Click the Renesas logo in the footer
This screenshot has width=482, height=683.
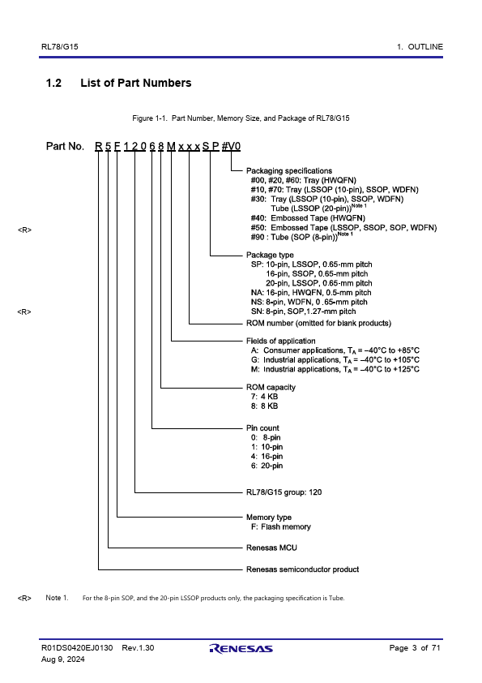coord(241,649)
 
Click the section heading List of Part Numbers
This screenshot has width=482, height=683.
coord(136,83)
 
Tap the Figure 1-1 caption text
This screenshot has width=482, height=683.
coord(241,118)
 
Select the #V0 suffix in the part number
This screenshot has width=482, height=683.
coord(231,146)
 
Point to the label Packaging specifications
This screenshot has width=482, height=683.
coord(289,170)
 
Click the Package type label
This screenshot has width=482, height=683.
coord(270,255)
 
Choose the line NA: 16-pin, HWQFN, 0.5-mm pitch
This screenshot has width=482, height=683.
coord(311,293)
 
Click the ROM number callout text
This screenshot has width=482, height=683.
coord(318,323)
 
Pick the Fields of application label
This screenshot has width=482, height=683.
coord(280,341)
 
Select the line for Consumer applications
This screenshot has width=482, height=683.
coord(335,350)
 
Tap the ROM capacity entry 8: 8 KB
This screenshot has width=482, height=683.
coord(264,406)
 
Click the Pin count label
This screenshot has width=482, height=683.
coord(262,428)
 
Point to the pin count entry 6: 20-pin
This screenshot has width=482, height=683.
coord(267,466)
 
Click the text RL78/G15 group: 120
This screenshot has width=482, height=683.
coord(284,492)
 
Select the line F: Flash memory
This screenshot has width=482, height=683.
coord(280,526)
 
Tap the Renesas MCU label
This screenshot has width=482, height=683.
coord(271,548)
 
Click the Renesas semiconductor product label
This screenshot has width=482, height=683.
coord(302,569)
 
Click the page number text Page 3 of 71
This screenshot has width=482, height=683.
coord(415,648)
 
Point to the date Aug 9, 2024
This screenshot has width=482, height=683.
coord(62,659)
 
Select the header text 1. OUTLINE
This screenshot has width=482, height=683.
coord(420,46)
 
